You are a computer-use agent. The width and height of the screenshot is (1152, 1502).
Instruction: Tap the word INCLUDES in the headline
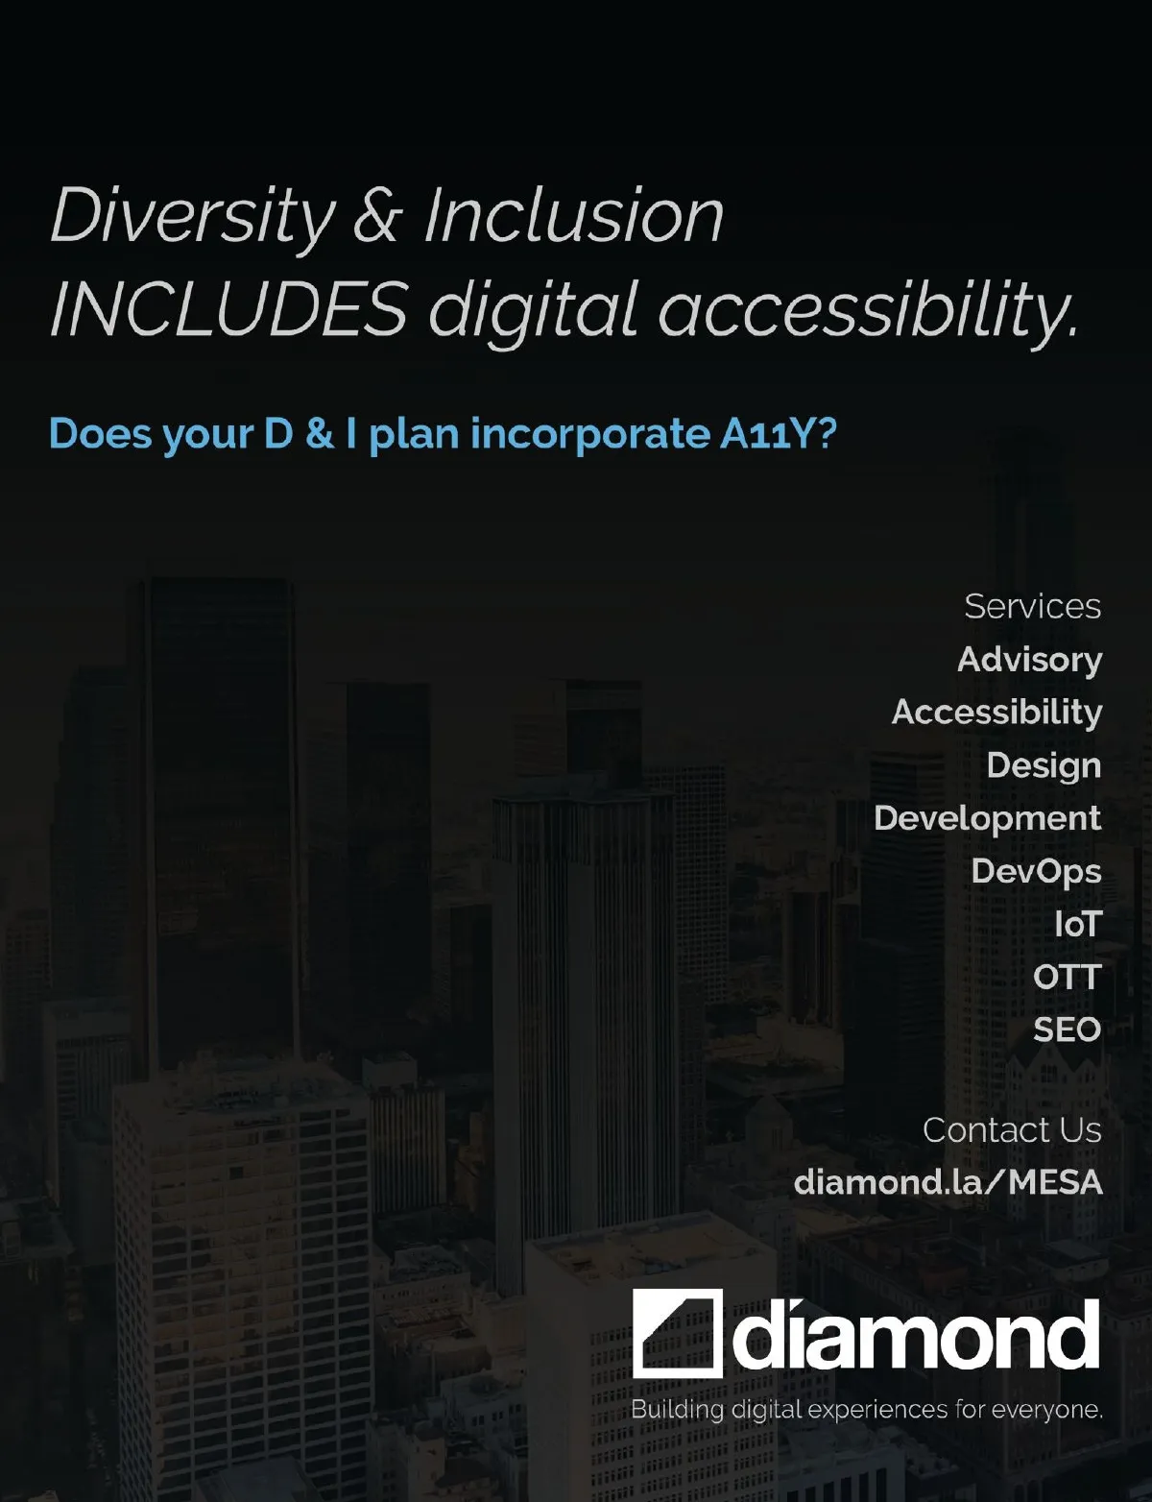(229, 308)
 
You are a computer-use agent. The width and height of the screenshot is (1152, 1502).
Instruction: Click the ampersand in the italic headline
(377, 216)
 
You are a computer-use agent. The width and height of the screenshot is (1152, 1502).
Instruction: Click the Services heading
(1033, 606)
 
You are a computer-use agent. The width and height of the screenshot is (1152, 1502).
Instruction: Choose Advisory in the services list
(1030, 661)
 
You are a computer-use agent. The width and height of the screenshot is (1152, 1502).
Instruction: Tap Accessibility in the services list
(996, 713)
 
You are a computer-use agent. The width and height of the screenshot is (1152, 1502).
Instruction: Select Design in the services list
(1044, 766)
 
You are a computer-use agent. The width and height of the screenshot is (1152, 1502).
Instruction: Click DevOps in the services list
(1036, 872)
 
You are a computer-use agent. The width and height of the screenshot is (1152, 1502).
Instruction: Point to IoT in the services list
(1078, 924)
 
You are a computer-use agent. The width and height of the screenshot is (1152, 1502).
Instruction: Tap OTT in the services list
(1068, 978)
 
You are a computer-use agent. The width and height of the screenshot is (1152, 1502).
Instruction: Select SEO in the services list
(1068, 1030)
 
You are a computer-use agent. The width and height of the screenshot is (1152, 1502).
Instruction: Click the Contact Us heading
(1012, 1130)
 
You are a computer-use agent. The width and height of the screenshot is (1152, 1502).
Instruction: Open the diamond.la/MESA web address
(948, 1182)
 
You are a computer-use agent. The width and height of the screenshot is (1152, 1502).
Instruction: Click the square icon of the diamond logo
(678, 1333)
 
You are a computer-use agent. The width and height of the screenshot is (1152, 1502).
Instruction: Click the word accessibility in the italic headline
(868, 311)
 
